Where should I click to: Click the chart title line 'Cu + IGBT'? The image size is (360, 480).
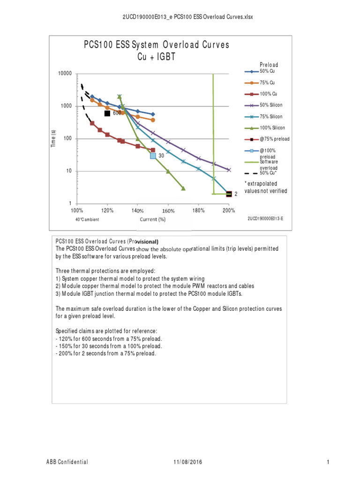coord(157,57)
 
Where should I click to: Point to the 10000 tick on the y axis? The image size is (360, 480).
coord(65,74)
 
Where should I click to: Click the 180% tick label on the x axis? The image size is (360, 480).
coord(198,210)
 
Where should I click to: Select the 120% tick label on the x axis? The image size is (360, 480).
coord(107,210)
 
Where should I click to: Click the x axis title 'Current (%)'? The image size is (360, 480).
coord(153,219)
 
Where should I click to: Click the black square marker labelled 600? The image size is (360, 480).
coord(107,113)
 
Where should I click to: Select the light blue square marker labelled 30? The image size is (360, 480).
coord(153,156)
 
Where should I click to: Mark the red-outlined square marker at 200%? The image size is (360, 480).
coord(229,194)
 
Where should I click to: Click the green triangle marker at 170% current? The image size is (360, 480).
coord(183,188)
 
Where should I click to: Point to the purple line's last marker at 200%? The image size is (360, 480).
coord(229,170)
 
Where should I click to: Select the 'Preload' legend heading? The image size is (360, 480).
coord(269,65)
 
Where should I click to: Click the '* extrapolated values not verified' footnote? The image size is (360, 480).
coord(266,187)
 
